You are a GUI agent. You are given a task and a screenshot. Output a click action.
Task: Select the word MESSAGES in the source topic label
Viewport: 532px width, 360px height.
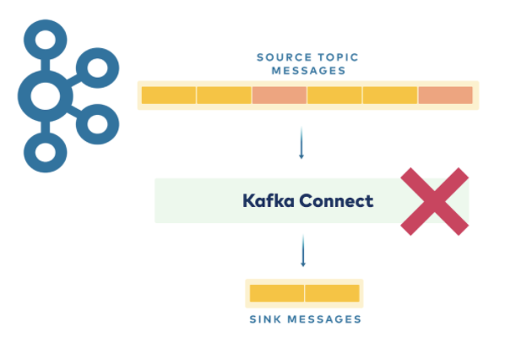pyautogui.click(x=307, y=71)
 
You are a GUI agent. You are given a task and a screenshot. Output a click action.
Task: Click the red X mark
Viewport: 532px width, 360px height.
pyautogui.click(x=434, y=201)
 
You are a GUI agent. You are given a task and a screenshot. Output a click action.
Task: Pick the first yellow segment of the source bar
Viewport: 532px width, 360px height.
pyautogui.click(x=169, y=95)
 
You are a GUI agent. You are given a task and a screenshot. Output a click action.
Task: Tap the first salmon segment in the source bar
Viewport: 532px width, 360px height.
pyautogui.click(x=279, y=95)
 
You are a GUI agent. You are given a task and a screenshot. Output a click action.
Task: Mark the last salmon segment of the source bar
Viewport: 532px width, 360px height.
pyautogui.click(x=445, y=95)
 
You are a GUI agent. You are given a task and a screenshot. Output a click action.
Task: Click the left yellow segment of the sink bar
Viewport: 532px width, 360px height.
pyautogui.click(x=277, y=293)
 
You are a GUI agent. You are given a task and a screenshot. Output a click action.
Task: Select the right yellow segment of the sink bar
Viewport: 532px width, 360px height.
pyautogui.click(x=332, y=293)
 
